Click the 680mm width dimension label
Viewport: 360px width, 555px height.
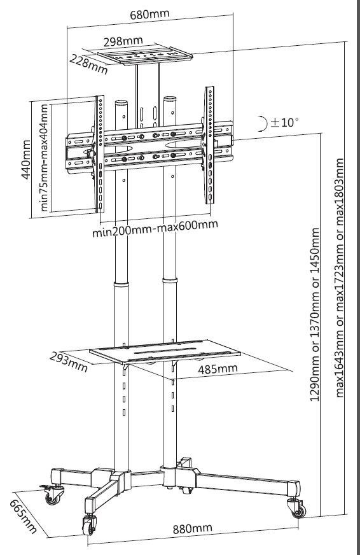point(149,14)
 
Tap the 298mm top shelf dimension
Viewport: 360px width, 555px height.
point(123,41)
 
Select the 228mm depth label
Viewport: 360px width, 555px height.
point(88,64)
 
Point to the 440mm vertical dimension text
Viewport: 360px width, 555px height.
point(26,160)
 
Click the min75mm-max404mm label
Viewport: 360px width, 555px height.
point(44,157)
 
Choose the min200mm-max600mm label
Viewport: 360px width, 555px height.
point(155,228)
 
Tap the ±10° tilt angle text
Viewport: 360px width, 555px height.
point(285,122)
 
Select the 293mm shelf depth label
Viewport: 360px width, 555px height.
point(68,362)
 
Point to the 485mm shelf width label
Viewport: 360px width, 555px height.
point(218,369)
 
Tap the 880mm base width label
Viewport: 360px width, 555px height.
point(192,528)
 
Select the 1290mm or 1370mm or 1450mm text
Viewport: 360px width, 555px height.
point(315,314)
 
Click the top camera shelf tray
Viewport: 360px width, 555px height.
point(144,55)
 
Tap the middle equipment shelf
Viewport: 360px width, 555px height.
point(165,351)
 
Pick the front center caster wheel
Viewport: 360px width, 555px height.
point(89,525)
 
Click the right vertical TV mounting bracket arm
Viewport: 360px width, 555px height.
point(209,145)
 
